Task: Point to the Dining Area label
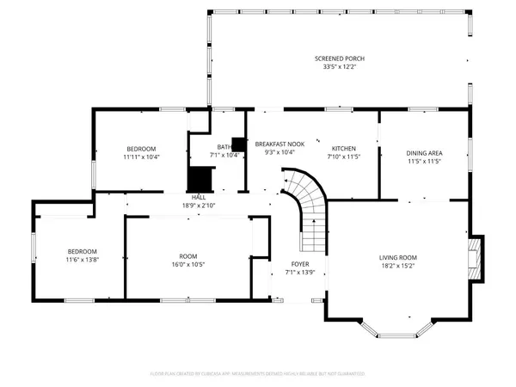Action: [423, 154]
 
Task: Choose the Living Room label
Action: [398, 257]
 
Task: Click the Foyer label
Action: [299, 264]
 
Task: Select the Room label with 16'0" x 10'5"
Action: [188, 257]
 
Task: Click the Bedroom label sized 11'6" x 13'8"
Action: [83, 251]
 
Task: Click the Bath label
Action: [224, 147]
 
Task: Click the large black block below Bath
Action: [200, 180]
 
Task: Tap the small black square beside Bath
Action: [238, 144]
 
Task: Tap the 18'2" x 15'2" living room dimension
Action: [398, 266]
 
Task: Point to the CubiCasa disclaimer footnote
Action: [258, 374]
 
